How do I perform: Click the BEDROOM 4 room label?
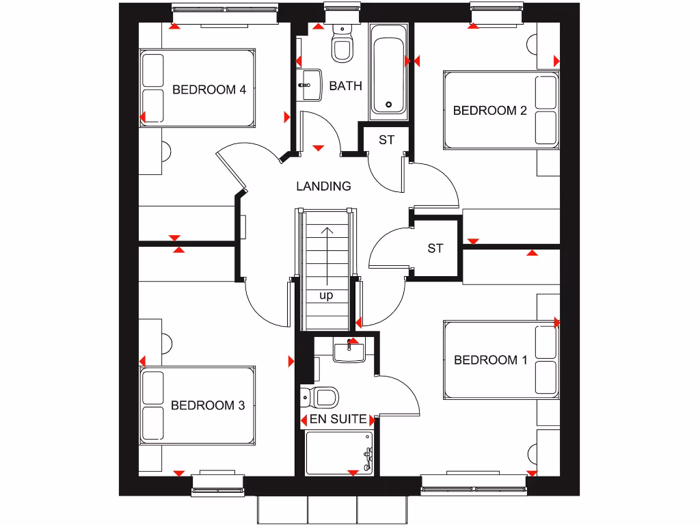click(x=208, y=90)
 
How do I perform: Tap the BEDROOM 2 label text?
click(x=489, y=110)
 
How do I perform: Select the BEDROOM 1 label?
click(x=490, y=360)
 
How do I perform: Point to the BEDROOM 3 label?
click(x=208, y=405)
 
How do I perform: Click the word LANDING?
click(x=323, y=186)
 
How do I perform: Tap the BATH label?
click(x=345, y=86)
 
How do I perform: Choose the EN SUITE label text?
click(x=338, y=419)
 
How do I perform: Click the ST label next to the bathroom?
click(x=386, y=140)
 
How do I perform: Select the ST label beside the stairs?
click(x=435, y=248)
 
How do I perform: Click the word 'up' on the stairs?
click(x=327, y=296)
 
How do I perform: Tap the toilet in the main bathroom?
click(x=341, y=43)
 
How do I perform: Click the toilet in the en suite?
click(x=321, y=396)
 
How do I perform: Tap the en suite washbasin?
click(x=351, y=351)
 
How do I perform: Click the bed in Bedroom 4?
click(x=198, y=87)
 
